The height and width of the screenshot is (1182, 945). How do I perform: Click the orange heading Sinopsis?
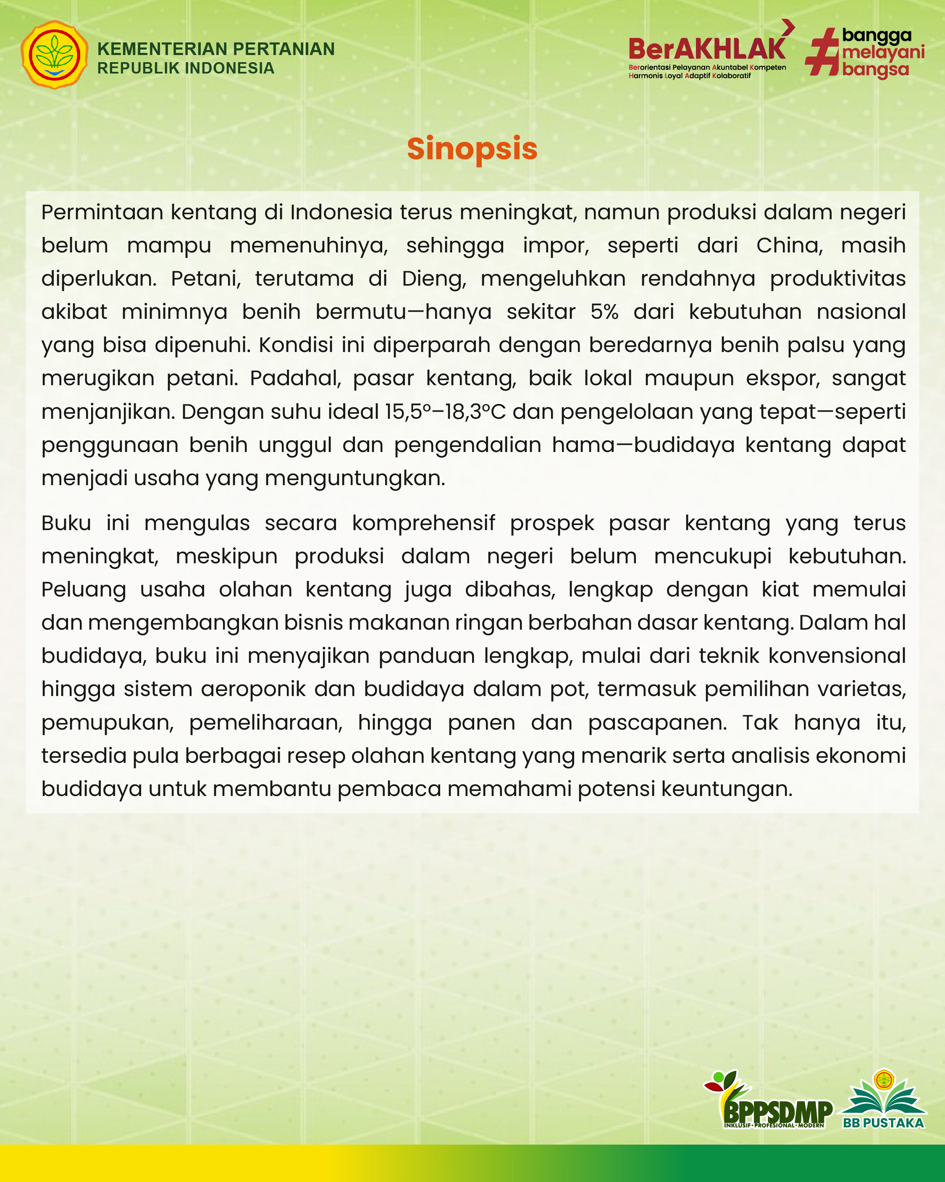click(472, 149)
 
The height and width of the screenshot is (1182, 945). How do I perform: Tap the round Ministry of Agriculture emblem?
click(54, 55)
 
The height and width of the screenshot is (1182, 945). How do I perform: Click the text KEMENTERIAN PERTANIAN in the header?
click(216, 49)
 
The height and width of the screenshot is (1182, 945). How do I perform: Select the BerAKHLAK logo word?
click(707, 49)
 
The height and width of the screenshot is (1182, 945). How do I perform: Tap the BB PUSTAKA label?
click(883, 1123)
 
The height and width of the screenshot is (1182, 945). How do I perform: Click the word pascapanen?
click(657, 722)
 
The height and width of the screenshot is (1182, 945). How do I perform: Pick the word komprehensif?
click(423, 523)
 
